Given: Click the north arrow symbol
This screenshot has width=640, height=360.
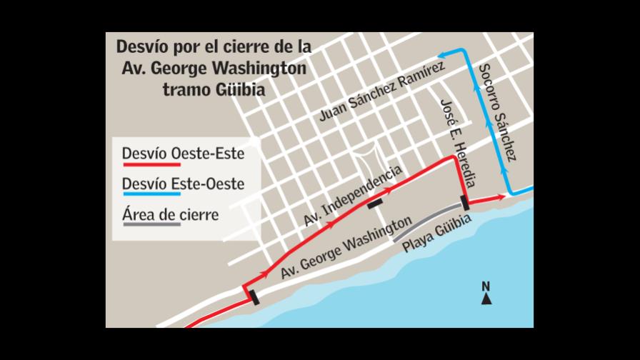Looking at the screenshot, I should (486, 299).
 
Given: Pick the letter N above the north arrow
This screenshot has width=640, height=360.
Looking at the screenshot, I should (486, 287).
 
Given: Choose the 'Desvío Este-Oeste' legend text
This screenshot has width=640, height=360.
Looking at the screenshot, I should (183, 184).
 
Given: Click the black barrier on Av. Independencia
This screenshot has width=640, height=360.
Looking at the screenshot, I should (375, 204).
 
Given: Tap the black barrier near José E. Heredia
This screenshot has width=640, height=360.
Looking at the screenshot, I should (465, 203).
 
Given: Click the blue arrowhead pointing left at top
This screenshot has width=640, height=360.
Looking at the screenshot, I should (443, 53).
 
